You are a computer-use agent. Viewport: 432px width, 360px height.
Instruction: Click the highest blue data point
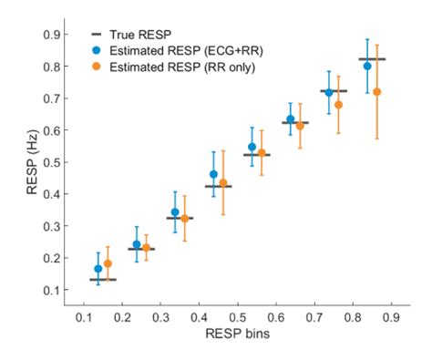coord(367,66)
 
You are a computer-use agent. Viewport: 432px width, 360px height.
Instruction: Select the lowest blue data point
coord(98,269)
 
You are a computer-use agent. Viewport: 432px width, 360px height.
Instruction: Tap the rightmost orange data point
coord(376,92)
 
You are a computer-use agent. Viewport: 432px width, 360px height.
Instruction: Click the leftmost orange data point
coord(108,263)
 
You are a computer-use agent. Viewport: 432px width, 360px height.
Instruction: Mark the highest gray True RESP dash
coord(373,59)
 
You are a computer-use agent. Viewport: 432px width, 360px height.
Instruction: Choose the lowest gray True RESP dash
coord(103,279)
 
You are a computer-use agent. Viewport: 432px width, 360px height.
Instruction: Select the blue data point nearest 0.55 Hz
coord(252,147)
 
